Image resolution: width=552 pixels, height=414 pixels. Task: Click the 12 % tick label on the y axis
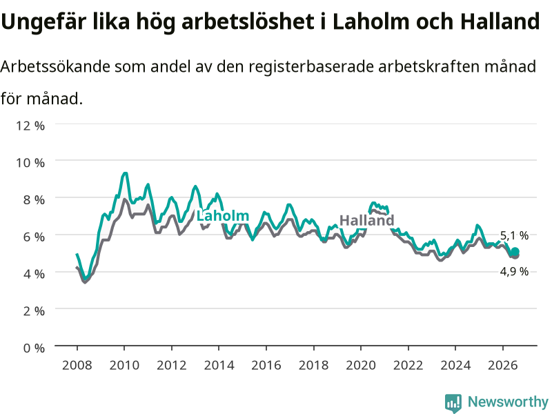click(x=30, y=126)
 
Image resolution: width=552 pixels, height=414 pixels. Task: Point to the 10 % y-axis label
click(x=30, y=163)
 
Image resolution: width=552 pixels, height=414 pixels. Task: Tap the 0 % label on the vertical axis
click(x=34, y=348)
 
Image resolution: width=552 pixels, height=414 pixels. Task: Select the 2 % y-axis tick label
click(x=34, y=311)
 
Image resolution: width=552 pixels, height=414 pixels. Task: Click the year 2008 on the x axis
click(x=77, y=365)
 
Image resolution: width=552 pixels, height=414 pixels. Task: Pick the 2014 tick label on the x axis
click(x=219, y=365)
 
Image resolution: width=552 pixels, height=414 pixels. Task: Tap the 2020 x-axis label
click(x=361, y=365)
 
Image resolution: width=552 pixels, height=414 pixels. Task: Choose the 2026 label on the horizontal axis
click(x=503, y=365)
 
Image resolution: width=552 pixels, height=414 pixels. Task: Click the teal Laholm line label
click(x=222, y=216)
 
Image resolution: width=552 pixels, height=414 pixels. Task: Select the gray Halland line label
click(x=367, y=220)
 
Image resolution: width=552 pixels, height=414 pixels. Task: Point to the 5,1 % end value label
click(x=514, y=235)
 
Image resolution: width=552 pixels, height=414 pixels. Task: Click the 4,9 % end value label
click(x=514, y=271)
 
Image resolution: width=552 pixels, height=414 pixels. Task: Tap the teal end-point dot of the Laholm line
click(x=515, y=251)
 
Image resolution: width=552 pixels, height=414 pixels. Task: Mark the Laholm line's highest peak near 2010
click(x=125, y=173)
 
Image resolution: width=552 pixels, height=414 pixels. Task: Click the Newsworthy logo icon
click(x=453, y=403)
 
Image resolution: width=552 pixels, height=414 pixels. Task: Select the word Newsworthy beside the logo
click(x=508, y=402)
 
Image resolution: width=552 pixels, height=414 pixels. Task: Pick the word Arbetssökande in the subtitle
click(x=55, y=66)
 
